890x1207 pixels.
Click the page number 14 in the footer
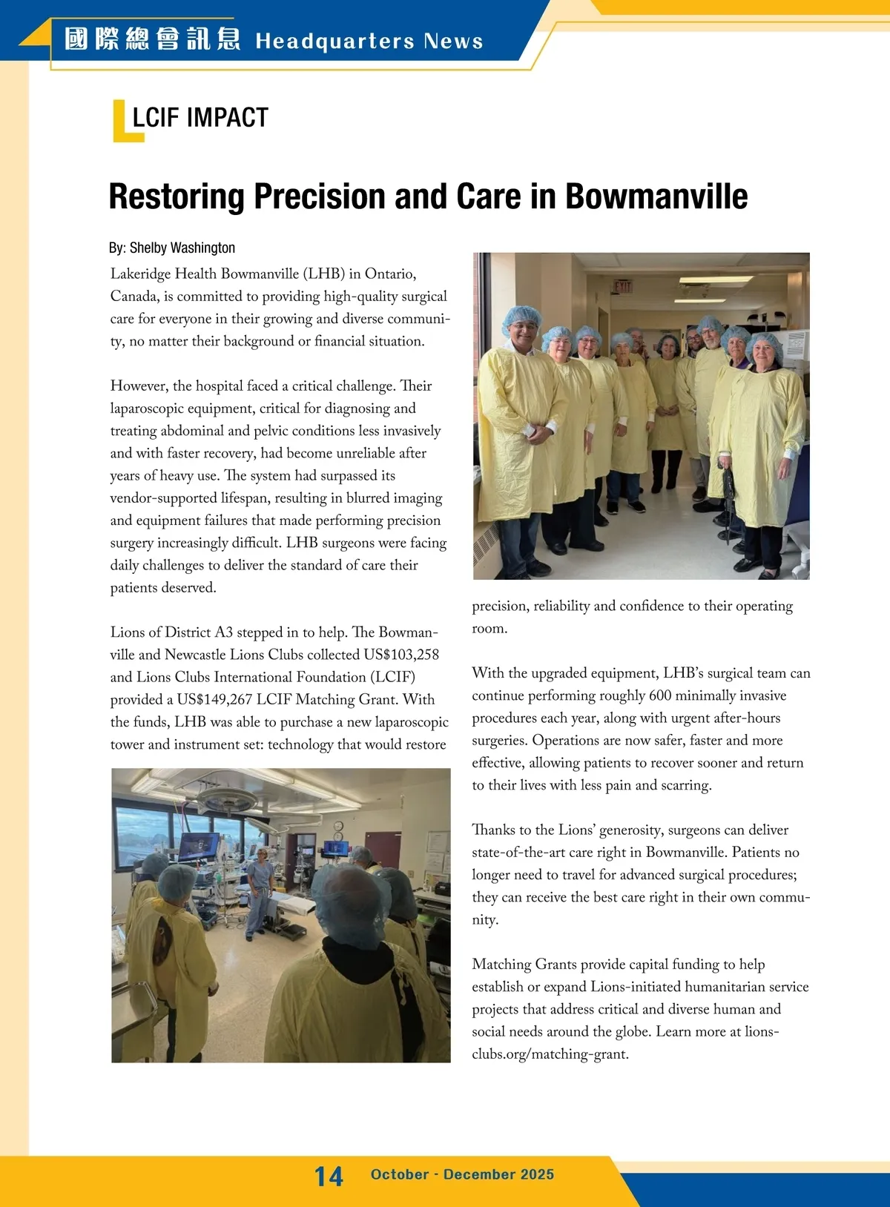(329, 1176)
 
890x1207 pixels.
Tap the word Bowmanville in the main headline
(656, 197)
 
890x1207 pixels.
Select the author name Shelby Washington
(182, 248)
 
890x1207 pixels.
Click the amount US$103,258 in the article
(401, 655)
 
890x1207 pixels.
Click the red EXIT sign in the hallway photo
(623, 285)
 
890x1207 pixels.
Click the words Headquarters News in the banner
(369, 41)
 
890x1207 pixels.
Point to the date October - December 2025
(462, 1174)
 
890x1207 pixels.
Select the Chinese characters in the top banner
(152, 39)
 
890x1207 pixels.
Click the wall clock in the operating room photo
(338, 826)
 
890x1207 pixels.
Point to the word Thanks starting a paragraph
(493, 830)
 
